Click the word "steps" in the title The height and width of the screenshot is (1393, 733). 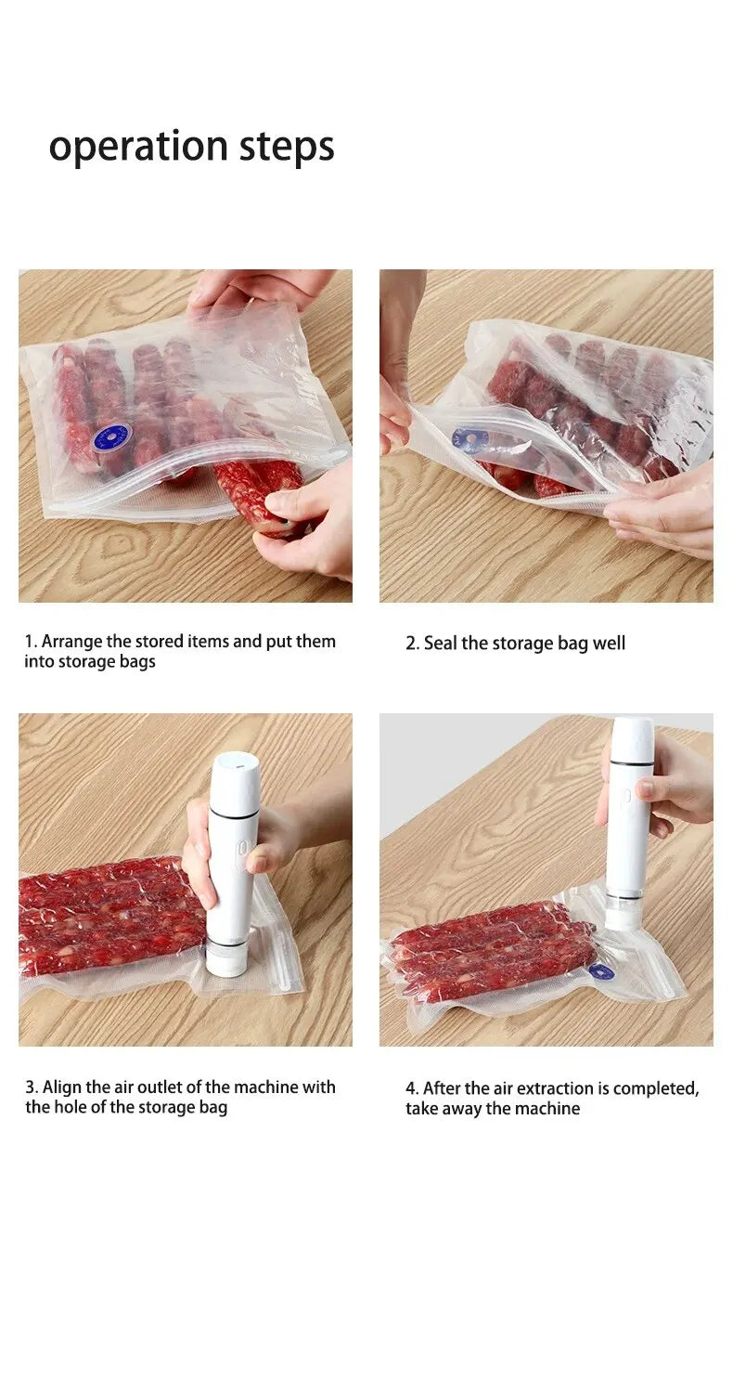[287, 147]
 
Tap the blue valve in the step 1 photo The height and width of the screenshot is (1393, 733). [111, 436]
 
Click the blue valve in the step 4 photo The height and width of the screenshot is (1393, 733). [600, 970]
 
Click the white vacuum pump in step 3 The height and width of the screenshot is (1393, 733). [231, 864]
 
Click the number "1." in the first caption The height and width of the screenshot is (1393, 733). [31, 642]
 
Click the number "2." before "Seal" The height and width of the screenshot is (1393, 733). [412, 644]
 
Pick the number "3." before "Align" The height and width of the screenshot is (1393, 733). [32, 1087]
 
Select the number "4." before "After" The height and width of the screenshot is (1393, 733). [412, 1088]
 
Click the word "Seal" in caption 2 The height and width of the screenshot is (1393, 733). [440, 644]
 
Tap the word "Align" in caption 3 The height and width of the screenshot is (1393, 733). [62, 1087]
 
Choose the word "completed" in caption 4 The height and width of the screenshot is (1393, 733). [660, 1088]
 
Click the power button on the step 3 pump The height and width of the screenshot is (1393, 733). [241, 849]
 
